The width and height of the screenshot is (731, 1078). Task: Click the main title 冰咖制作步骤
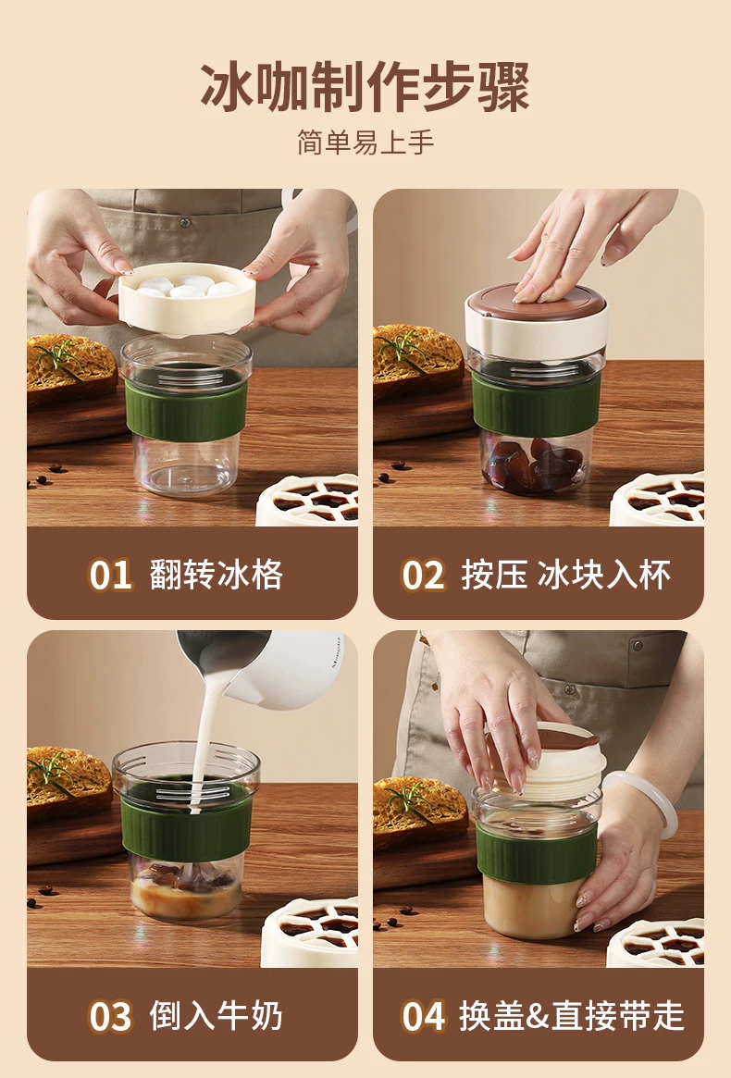(365, 86)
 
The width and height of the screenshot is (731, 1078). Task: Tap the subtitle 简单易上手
(365, 142)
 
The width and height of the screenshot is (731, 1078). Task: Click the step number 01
(110, 576)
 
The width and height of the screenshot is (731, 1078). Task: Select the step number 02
(423, 576)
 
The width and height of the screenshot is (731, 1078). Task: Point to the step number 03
(110, 1017)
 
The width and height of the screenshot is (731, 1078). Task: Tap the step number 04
(423, 1017)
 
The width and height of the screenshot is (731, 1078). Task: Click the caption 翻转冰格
(216, 575)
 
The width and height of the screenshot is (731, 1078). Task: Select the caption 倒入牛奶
(216, 1016)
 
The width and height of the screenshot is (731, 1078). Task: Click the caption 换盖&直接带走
(572, 1016)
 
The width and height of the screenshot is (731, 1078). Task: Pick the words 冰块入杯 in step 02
(603, 575)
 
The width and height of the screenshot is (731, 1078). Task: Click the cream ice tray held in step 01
(187, 300)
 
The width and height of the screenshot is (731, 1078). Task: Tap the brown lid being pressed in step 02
(536, 302)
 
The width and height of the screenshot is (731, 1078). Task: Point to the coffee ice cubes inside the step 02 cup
(535, 464)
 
